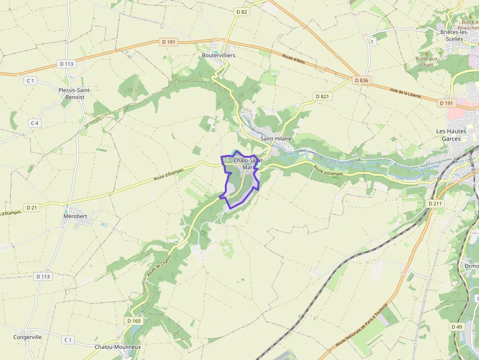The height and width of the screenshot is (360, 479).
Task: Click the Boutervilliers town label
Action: [218, 55]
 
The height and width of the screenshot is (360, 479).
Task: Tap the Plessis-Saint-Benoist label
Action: [75, 93]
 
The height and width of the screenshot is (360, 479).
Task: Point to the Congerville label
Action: [28, 337]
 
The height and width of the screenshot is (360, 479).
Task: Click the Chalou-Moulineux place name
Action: [118, 347]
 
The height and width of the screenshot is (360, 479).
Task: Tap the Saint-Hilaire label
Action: [276, 139]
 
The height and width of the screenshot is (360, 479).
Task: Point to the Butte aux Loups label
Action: [427, 61]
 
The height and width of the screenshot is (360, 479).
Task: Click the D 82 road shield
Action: [241, 11]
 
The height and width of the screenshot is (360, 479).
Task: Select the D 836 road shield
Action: [362, 80]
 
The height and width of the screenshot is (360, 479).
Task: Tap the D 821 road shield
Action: [323, 96]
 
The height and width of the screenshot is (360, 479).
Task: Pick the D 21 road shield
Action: [32, 208]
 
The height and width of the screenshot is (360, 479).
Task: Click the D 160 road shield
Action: [133, 321]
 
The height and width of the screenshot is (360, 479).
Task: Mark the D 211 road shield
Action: [435, 203]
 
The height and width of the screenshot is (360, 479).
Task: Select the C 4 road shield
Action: [34, 123]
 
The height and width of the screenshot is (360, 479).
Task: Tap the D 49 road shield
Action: [457, 327]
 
